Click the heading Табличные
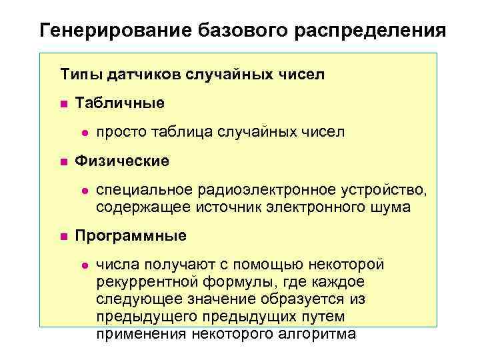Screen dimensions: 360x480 [x=119, y=103]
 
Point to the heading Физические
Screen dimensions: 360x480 [x=122, y=161]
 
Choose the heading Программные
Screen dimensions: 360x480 [x=131, y=235]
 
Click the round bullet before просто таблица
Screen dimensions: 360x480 [x=83, y=133]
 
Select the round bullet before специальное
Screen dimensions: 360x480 [x=83, y=191]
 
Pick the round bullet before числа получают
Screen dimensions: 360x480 [x=83, y=265]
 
